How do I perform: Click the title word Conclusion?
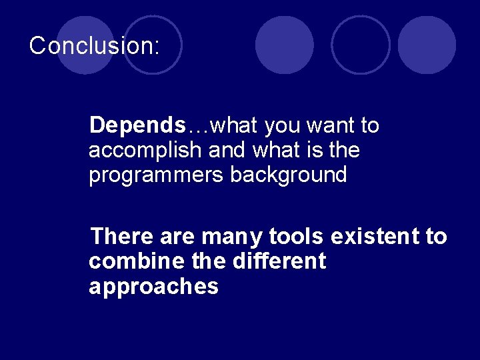pos(94,45)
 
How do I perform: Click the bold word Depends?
pos(137,125)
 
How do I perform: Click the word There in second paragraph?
pos(122,236)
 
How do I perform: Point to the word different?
pos(279,261)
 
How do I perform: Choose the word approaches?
pos(153,287)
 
